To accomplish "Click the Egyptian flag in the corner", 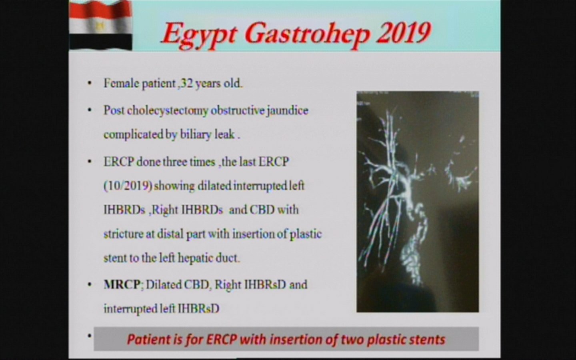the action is click(100, 25).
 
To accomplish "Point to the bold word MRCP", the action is click(122, 284).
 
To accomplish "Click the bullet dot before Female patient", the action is click(90, 83).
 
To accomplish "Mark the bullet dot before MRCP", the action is click(90, 285).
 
